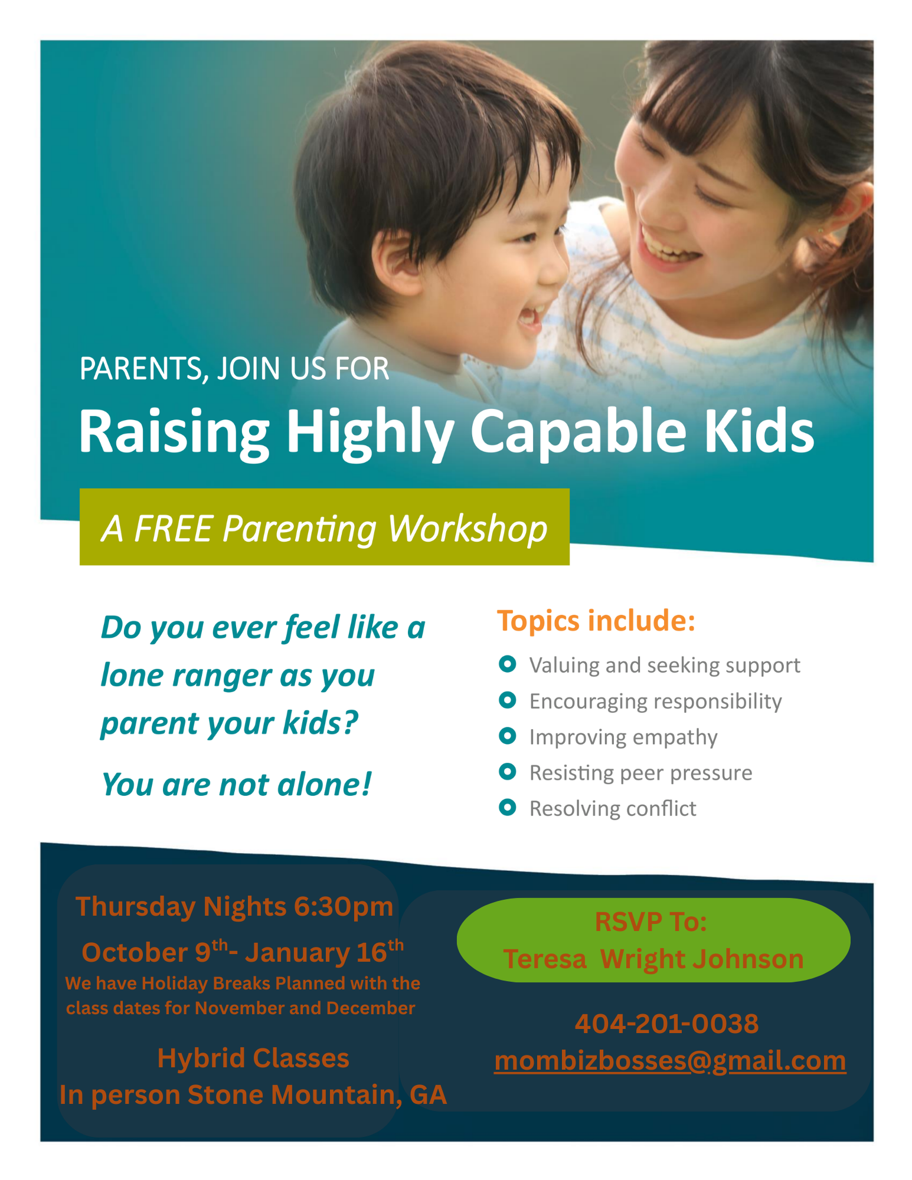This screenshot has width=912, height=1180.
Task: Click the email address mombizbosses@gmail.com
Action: click(669, 1061)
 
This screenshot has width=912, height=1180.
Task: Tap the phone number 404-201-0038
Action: click(666, 1024)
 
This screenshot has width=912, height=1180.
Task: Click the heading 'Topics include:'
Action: click(596, 621)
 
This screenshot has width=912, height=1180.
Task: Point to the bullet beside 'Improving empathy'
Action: click(507, 736)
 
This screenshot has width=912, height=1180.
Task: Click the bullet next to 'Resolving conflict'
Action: click(507, 807)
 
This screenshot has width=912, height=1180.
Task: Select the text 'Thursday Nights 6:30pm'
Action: click(234, 906)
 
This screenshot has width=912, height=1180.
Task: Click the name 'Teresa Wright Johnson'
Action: click(653, 959)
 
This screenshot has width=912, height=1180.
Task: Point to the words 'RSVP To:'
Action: click(651, 922)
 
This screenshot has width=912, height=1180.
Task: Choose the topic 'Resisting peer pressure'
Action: click(640, 772)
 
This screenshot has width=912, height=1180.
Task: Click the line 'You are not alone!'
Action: click(236, 785)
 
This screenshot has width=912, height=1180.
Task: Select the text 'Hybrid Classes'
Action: click(253, 1058)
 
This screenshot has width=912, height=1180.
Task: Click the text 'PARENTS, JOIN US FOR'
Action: click(234, 369)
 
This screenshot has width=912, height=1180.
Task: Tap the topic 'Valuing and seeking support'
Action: click(664, 665)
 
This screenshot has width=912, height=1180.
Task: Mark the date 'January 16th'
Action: click(323, 952)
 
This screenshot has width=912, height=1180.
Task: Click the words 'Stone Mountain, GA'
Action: click(317, 1095)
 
